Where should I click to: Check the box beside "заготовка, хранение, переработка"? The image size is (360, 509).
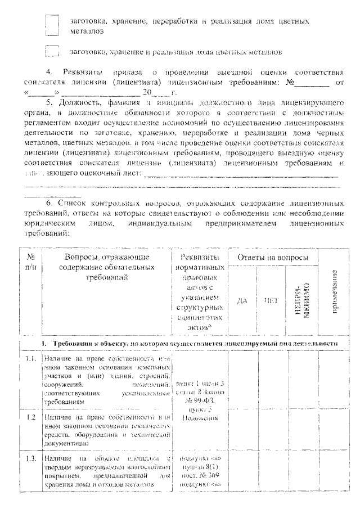52,25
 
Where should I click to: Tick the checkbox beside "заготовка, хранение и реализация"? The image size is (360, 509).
52,52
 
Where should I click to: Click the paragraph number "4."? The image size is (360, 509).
48,73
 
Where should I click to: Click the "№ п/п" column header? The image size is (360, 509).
31,262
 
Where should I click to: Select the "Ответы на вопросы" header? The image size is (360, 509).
272,257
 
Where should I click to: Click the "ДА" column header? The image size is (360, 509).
242,300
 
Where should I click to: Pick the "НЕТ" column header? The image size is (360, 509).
271,300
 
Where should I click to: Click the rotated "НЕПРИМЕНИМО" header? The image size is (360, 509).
301,301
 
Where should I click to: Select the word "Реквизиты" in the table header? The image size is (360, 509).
201,257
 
